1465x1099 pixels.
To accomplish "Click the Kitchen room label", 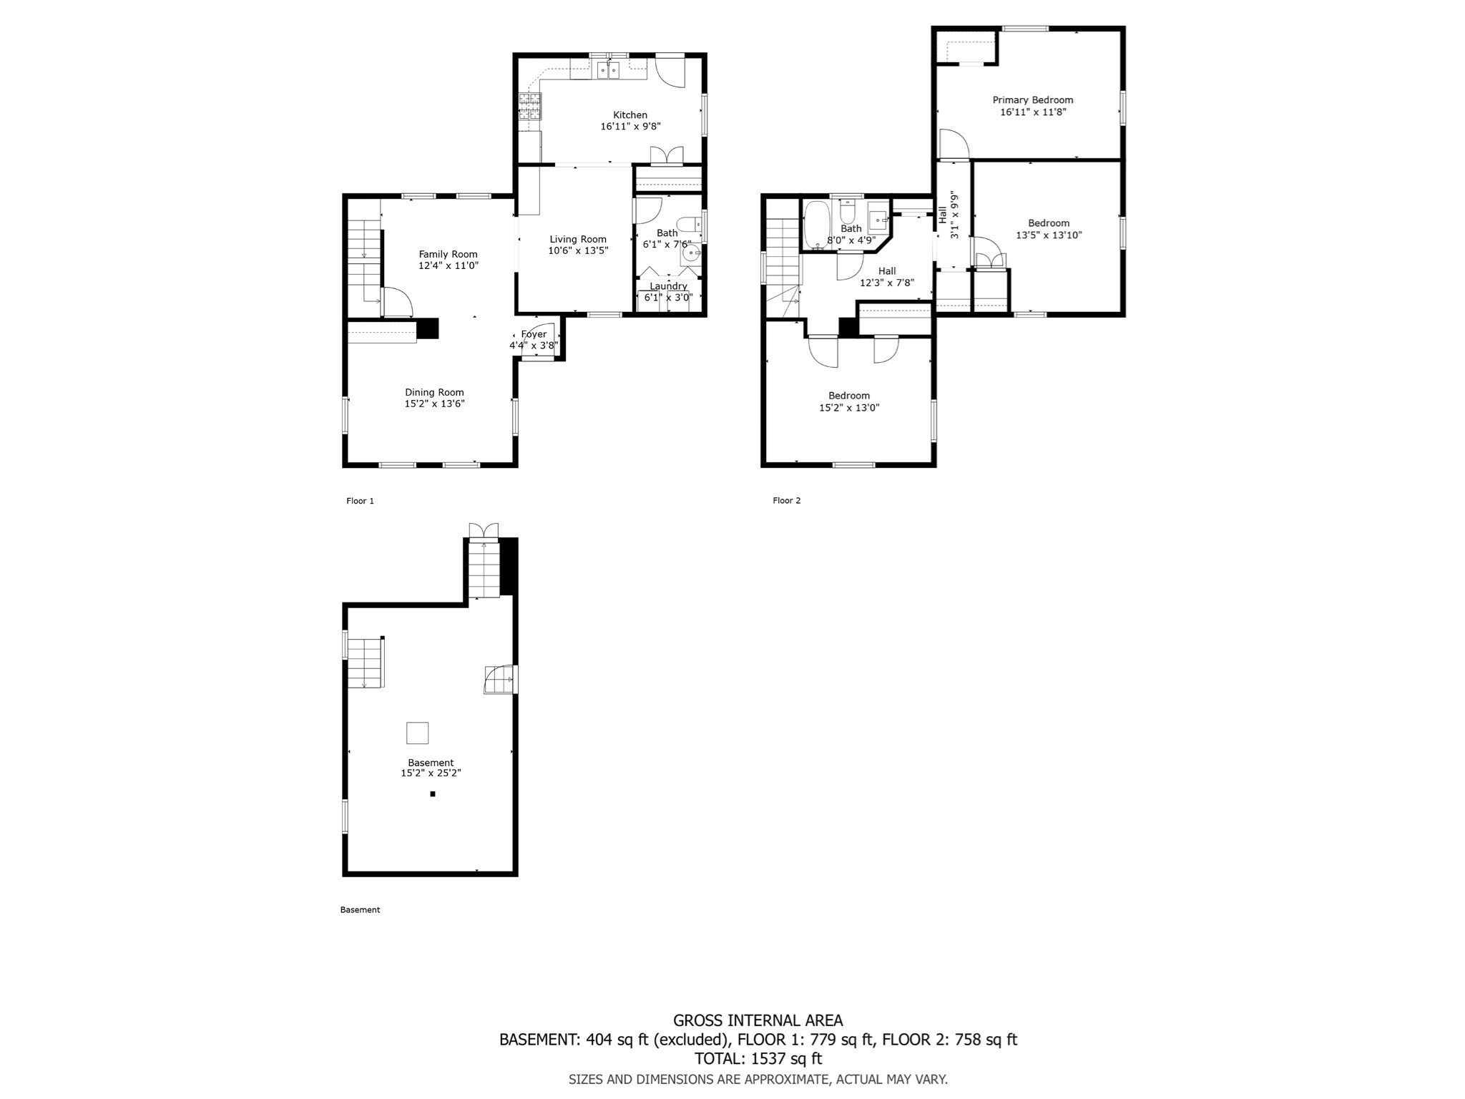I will tap(629, 114).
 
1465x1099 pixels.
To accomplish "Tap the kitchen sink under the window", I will tap(608, 70).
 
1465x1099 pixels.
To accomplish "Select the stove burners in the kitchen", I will tap(530, 107).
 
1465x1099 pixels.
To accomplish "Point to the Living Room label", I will tap(577, 240).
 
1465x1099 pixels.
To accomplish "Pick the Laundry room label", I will tap(668, 286).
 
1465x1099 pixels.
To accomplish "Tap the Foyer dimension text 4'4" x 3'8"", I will tap(533, 346).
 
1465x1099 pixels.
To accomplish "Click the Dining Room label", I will tap(434, 392).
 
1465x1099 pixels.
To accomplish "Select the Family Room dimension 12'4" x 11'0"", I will tap(448, 265).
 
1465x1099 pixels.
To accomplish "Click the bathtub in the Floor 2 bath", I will tap(815, 224).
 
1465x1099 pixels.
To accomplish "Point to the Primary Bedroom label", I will tap(1032, 100).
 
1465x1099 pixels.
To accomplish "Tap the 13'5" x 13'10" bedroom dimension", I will tap(1049, 235).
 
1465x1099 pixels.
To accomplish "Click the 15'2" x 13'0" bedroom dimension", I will tap(849, 408).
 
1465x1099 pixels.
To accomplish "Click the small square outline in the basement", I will tap(417, 733).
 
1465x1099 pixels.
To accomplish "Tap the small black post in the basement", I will tap(433, 793).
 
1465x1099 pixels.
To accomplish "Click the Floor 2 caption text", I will tap(786, 500).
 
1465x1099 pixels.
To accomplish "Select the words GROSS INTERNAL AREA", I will tap(758, 1020).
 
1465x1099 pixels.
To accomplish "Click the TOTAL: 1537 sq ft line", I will tap(758, 1058).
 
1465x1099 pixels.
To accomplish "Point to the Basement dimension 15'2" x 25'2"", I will tap(431, 773).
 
